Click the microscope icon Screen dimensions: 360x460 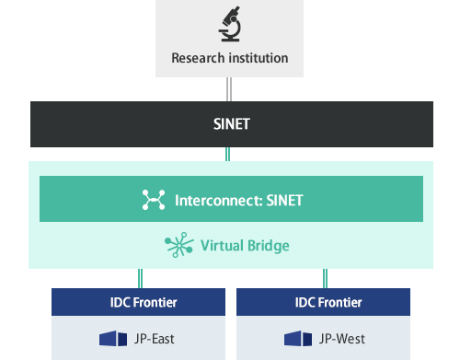tap(229, 24)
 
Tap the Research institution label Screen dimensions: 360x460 tap(229, 59)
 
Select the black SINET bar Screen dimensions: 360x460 tap(229, 124)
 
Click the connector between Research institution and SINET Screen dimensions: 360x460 tap(229, 89)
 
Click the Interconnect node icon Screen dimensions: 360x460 tap(152, 199)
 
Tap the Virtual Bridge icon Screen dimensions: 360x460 tap(175, 245)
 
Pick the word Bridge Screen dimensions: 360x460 tap(267, 245)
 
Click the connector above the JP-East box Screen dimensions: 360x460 tap(139, 278)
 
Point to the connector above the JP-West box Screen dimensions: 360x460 tap(325, 278)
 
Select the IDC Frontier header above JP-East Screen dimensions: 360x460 tap(138, 302)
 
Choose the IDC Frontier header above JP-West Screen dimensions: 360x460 tap(324, 302)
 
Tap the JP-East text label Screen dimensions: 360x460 tap(154, 339)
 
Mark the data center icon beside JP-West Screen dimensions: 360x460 tap(298, 339)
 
